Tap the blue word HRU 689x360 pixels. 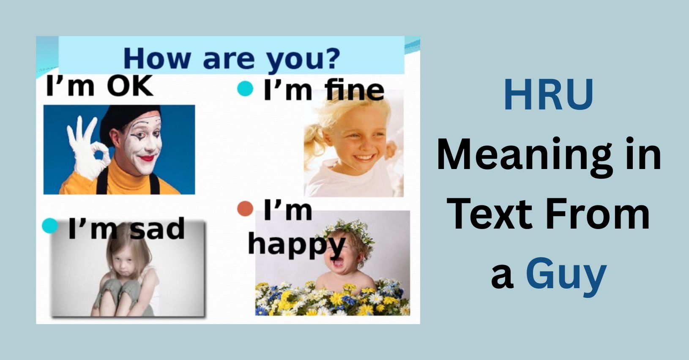click(549, 95)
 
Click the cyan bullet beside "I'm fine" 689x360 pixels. click(245, 88)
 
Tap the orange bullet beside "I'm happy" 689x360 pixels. click(245, 208)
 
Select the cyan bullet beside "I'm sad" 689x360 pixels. click(50, 226)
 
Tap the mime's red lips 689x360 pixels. click(147, 158)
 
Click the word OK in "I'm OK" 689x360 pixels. click(130, 86)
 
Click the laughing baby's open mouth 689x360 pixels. click(338, 262)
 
